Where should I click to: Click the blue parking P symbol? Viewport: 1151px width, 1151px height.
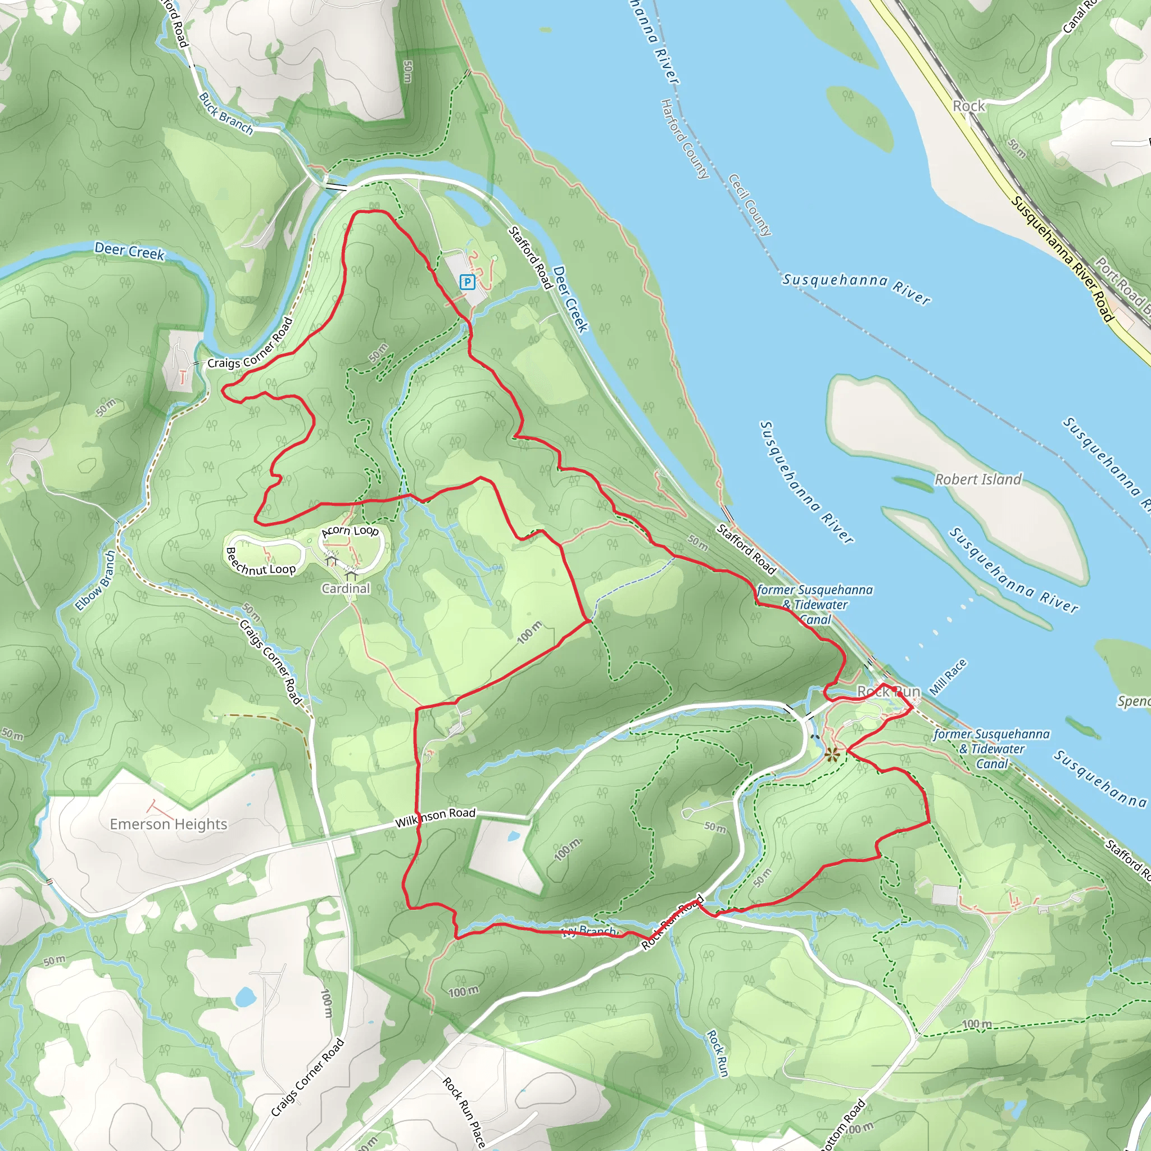point(468,282)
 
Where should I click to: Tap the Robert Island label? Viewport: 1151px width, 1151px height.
point(978,479)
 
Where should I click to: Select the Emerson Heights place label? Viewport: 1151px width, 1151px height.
point(169,824)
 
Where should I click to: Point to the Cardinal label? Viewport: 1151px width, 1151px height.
point(346,588)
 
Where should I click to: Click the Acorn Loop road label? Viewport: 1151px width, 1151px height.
point(350,530)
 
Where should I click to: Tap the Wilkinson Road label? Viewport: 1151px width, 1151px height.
point(435,817)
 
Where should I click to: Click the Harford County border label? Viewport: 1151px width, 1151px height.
point(685,139)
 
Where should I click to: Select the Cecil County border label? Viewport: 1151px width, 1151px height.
point(750,205)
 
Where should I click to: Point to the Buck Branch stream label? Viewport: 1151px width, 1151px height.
point(226,113)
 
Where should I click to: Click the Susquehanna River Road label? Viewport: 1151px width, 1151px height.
point(1062,259)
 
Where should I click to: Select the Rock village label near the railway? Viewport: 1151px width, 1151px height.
point(969,106)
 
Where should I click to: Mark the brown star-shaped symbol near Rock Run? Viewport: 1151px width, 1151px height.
point(832,755)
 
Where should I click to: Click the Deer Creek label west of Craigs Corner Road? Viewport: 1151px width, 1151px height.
point(129,251)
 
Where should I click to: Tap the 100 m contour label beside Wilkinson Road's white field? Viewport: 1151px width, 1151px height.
point(567,850)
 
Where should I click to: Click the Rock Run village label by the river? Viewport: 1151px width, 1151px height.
point(889,692)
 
